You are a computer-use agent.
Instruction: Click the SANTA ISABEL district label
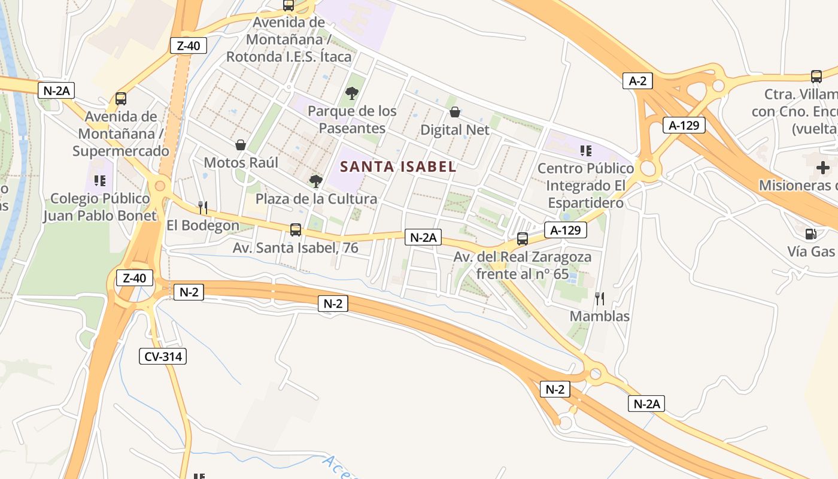click(398, 166)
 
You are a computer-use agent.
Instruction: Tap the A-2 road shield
click(637, 81)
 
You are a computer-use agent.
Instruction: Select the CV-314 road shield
click(163, 356)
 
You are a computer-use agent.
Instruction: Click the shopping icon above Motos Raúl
click(241, 145)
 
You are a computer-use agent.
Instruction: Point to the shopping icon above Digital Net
click(455, 112)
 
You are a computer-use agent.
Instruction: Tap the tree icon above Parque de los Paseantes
click(352, 93)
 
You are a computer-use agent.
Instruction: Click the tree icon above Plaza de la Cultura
click(315, 181)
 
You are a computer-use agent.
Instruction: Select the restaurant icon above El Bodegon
click(203, 208)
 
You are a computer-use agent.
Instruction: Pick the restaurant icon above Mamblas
click(600, 298)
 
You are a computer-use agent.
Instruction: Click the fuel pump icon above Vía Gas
click(811, 234)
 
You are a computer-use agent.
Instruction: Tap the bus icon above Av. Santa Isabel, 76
click(295, 229)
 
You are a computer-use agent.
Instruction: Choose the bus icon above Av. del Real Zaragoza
click(522, 239)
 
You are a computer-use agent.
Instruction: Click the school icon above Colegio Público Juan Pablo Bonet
click(99, 180)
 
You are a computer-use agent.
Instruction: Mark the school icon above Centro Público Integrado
click(585, 150)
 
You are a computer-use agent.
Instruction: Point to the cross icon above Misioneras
click(823, 167)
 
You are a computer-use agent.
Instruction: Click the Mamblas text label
click(600, 316)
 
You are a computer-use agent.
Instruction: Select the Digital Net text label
click(455, 130)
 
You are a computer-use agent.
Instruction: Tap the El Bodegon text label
click(203, 226)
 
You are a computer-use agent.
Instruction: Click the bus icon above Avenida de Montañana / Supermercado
click(121, 99)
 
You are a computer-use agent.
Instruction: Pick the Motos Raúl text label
click(241, 163)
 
